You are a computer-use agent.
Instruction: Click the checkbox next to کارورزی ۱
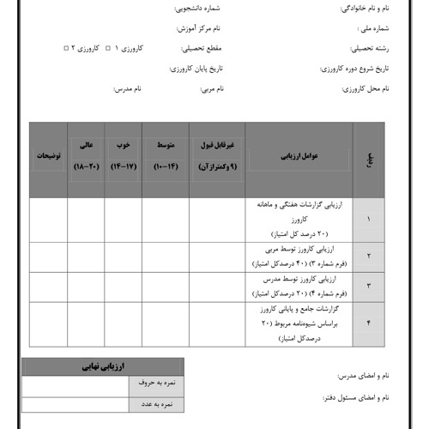click(106, 48)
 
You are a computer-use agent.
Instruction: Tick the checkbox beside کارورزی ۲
click(67, 48)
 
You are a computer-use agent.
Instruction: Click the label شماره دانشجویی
click(204, 11)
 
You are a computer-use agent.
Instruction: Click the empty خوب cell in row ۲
click(124, 257)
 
